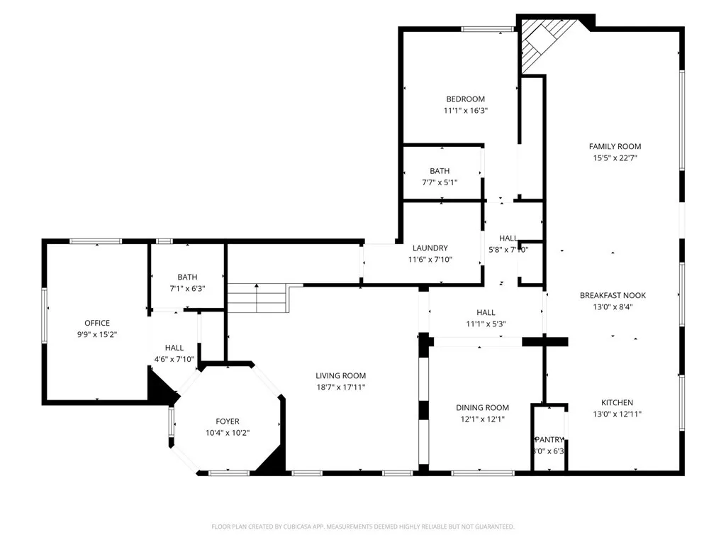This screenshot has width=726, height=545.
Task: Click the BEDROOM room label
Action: click(x=465, y=99)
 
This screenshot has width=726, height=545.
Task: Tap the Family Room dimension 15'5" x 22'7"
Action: click(x=615, y=158)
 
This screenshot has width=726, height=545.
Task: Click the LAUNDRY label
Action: click(x=430, y=248)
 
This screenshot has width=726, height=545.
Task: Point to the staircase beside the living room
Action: click(x=257, y=298)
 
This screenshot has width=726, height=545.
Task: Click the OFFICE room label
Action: click(x=97, y=323)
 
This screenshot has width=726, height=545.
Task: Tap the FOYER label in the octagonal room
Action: click(x=228, y=421)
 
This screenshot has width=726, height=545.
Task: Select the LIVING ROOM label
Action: click(x=340, y=375)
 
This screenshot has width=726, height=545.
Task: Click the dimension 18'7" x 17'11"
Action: click(x=340, y=387)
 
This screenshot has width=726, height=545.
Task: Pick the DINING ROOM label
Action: click(x=482, y=407)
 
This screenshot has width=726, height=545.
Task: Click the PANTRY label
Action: click(x=549, y=439)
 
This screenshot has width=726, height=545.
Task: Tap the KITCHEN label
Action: click(x=617, y=402)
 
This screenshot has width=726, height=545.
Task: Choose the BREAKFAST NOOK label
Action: click(x=613, y=295)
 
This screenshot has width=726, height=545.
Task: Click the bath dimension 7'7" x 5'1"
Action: click(x=440, y=182)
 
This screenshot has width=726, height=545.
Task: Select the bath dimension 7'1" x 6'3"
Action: click(x=188, y=288)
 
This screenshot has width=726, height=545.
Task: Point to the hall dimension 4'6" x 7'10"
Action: click(x=174, y=359)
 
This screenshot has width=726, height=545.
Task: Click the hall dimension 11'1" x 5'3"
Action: click(x=486, y=324)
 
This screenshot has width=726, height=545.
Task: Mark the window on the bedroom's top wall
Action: click(x=488, y=29)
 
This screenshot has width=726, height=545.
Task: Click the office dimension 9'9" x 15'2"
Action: click(x=97, y=334)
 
